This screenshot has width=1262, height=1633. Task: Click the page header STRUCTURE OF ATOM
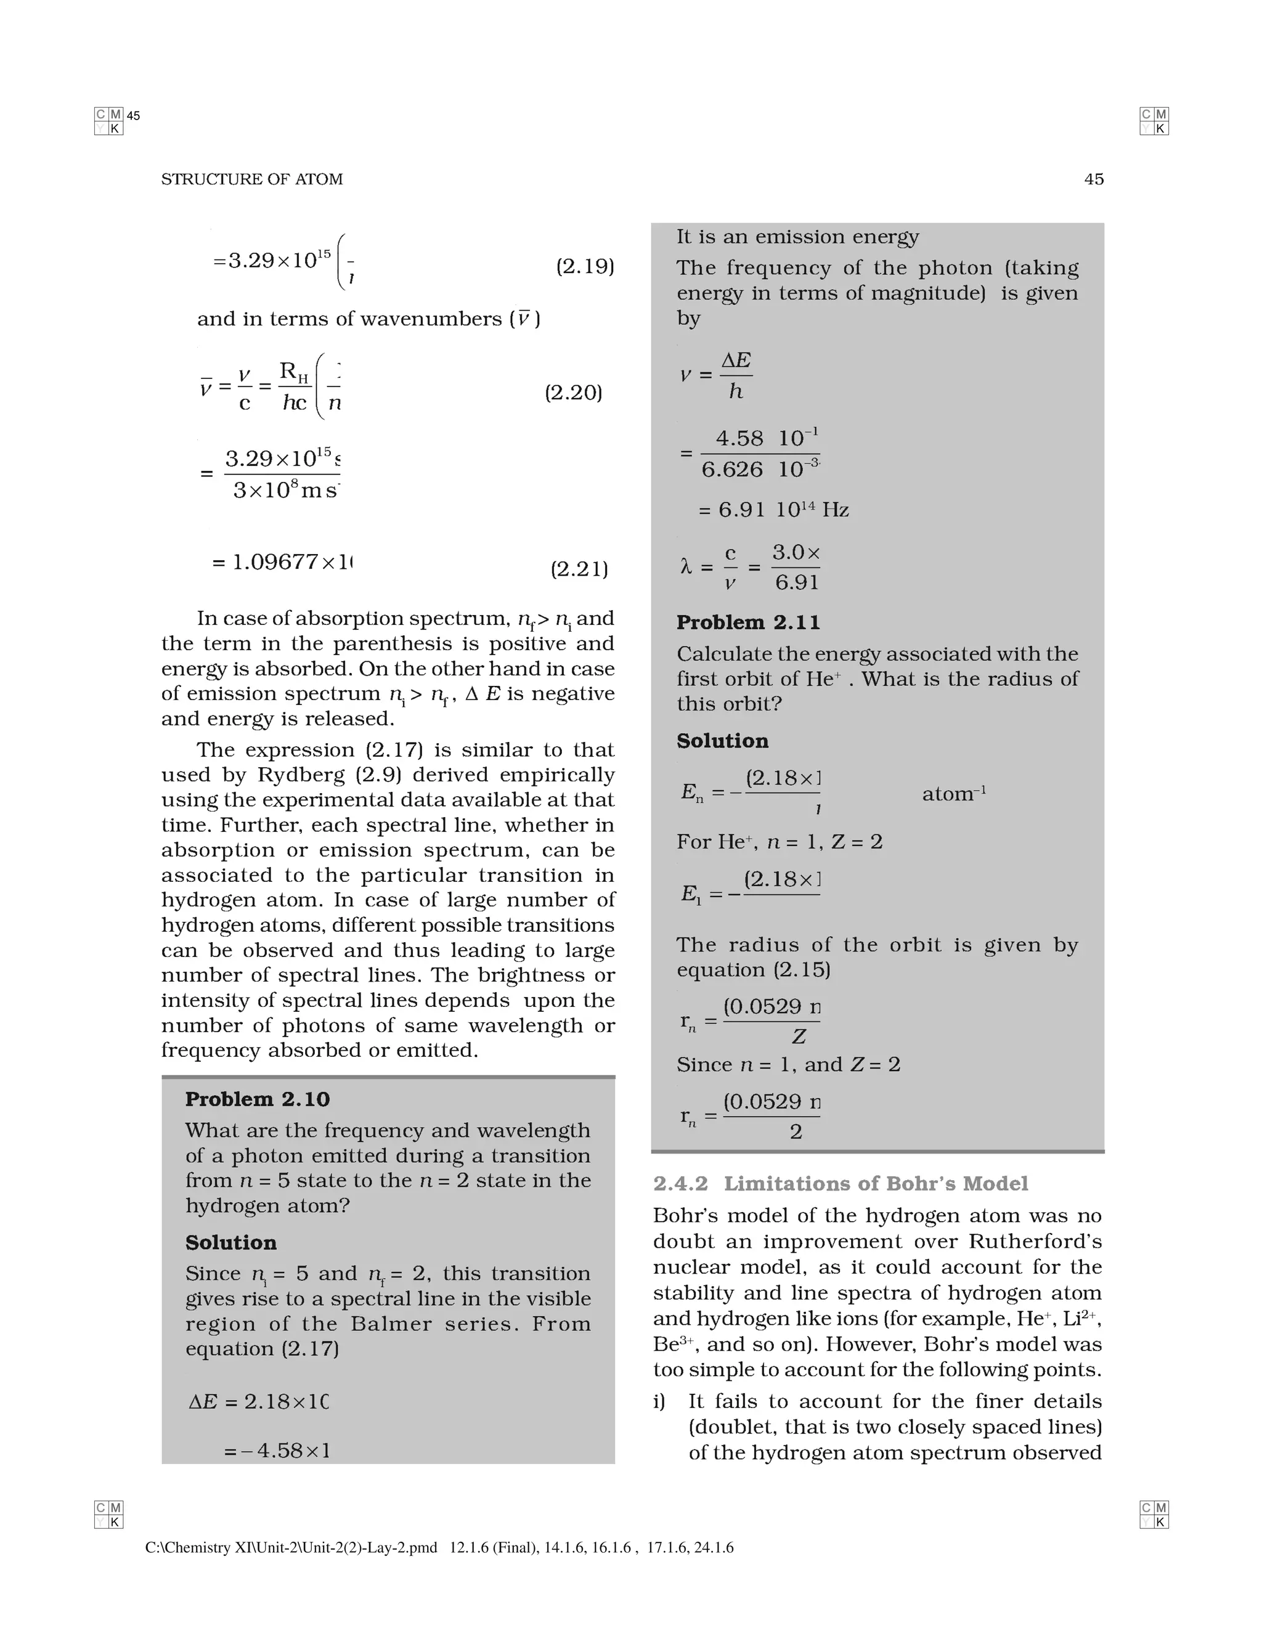tap(252, 179)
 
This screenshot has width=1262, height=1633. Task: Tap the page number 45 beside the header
tap(1093, 179)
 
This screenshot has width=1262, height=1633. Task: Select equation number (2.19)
tap(585, 267)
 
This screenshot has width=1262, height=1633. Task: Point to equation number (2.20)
tap(572, 393)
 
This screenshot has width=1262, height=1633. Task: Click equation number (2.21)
tap(579, 570)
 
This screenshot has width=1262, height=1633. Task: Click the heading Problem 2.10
tap(257, 1099)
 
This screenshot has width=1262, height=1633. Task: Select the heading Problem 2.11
tap(747, 623)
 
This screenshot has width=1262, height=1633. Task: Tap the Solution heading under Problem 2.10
tap(230, 1243)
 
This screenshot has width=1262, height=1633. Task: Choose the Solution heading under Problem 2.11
tap(722, 741)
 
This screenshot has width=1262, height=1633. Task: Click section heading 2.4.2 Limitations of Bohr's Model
tap(841, 1184)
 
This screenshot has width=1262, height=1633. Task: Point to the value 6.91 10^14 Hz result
tap(774, 510)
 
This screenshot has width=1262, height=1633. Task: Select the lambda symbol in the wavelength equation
tap(686, 568)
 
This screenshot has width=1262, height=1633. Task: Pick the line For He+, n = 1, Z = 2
tap(779, 842)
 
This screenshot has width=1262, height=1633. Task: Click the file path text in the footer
tap(291, 1548)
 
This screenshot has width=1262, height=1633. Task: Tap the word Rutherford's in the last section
tap(1035, 1241)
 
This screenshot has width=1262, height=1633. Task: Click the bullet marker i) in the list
tap(659, 1401)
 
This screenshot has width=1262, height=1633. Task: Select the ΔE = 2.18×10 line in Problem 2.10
tap(259, 1401)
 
